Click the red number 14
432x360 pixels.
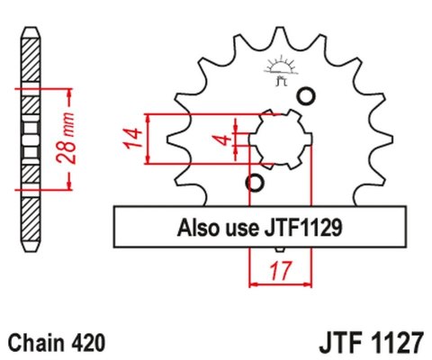[131, 139]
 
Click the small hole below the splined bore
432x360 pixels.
[255, 184]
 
